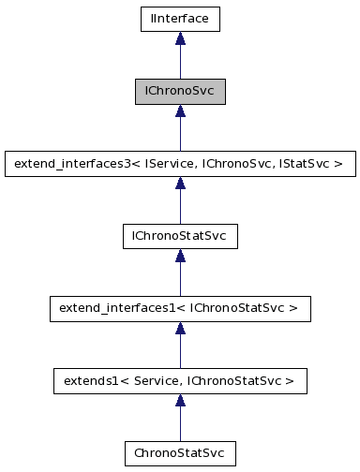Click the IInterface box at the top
click(x=180, y=18)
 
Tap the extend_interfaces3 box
click(x=180, y=163)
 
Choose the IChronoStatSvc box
click(x=180, y=236)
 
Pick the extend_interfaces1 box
click(x=180, y=308)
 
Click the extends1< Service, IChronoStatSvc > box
click(x=180, y=381)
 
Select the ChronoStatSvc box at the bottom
click(x=180, y=453)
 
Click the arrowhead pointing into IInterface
click(x=180, y=38)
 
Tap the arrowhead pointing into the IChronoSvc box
click(x=180, y=111)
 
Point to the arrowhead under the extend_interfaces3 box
click(x=180, y=184)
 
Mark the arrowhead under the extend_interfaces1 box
click(x=180, y=329)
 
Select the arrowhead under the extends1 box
click(x=180, y=402)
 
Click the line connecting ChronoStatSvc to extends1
click(x=180, y=423)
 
